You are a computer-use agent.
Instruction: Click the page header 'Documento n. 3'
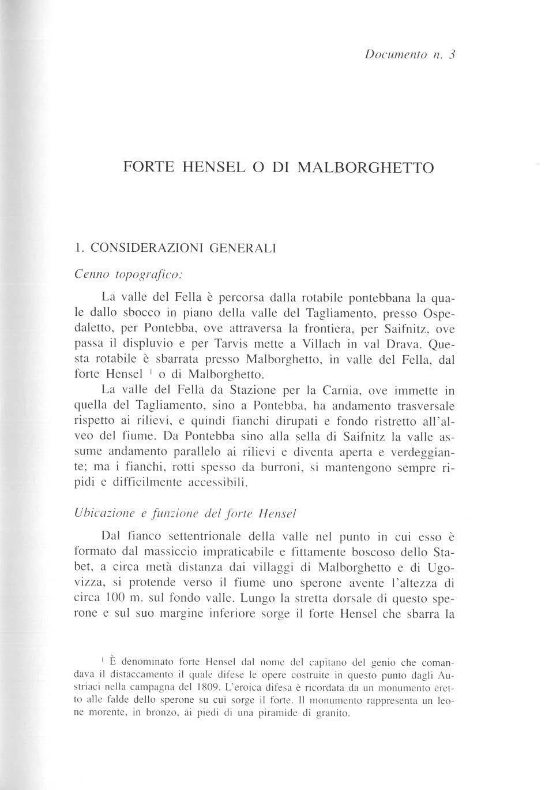(x=410, y=55)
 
